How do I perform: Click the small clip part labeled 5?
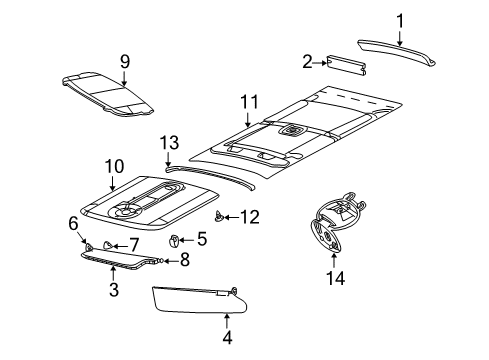175,267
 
